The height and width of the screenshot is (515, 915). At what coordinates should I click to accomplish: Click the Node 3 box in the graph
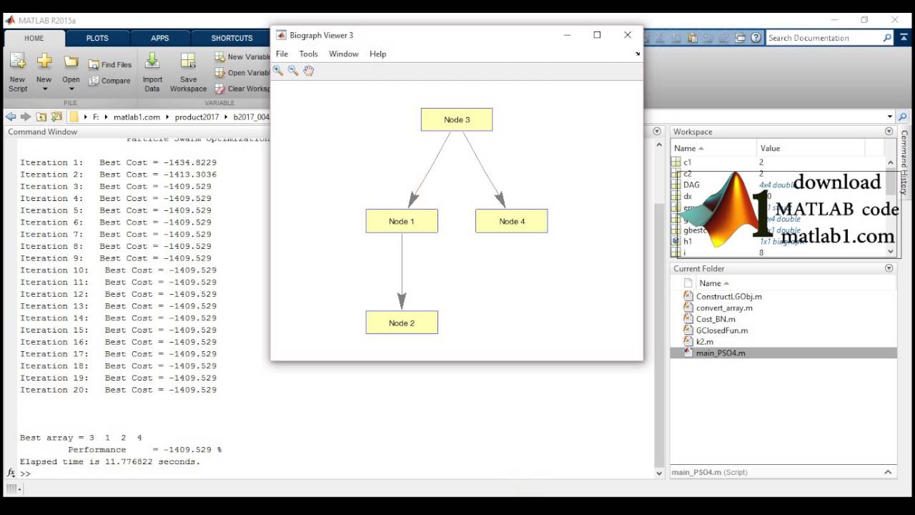pos(457,119)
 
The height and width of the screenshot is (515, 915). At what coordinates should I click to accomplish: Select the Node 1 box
pos(402,221)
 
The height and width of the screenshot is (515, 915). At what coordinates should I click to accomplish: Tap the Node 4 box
pos(512,221)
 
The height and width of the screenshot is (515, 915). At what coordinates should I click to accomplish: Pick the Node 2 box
pos(402,323)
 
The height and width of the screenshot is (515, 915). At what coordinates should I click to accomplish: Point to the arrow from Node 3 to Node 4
pos(483,169)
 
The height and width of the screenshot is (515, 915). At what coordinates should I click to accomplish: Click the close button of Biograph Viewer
pos(628,35)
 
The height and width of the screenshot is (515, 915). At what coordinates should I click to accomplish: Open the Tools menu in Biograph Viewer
pos(308,54)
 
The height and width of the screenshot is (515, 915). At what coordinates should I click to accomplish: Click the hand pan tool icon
pos(308,70)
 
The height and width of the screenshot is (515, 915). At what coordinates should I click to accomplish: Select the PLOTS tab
pos(97,38)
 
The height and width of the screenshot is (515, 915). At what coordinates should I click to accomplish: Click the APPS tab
pos(160,38)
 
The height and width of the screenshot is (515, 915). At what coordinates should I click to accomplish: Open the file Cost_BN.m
pos(716,319)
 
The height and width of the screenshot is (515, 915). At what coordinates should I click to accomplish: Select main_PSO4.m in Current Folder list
pos(721,353)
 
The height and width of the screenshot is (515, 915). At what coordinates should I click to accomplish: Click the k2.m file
pos(704,342)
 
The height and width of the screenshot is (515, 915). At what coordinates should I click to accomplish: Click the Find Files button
pos(110,64)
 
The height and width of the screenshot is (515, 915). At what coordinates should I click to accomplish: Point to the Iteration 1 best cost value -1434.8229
pos(189,162)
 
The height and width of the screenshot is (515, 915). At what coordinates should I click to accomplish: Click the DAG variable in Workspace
pos(691,185)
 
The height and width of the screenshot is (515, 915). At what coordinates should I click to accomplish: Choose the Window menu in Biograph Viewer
pos(343,54)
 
